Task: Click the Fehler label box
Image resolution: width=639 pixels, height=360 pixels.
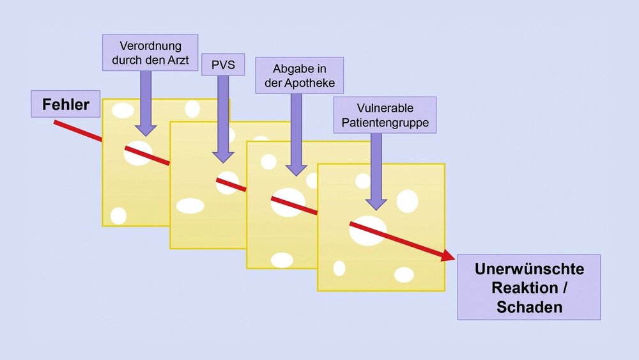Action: [x=65, y=104]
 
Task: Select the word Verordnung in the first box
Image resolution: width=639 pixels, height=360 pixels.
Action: [x=150, y=46]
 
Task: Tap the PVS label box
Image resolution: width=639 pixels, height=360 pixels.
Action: [x=223, y=65]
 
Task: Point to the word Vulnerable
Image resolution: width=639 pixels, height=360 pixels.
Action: [x=385, y=108]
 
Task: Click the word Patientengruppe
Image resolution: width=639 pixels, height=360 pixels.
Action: [x=385, y=122]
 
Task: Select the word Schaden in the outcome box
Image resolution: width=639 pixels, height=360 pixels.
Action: [x=528, y=306]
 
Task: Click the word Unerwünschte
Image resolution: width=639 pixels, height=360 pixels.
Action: [x=528, y=269]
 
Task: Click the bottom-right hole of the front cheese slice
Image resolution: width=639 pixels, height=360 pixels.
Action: [x=404, y=274]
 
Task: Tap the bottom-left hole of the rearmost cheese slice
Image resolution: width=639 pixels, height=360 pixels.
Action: [x=118, y=215]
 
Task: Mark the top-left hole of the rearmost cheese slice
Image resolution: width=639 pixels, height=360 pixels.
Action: [x=123, y=111]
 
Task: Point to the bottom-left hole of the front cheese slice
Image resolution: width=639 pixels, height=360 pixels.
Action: [x=339, y=269]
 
